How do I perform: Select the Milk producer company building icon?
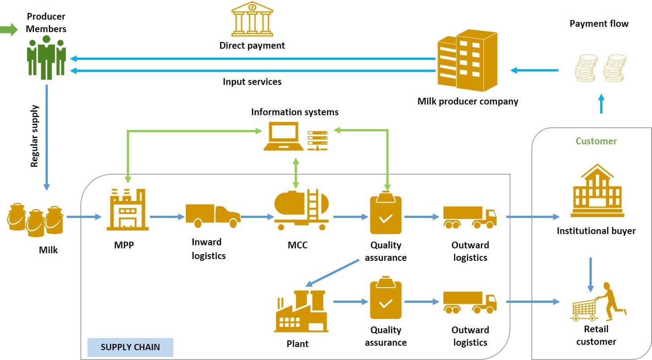point(467,60)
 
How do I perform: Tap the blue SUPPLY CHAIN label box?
point(130,347)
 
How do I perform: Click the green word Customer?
point(596,141)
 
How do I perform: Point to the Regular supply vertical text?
point(35,136)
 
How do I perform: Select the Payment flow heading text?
point(598,24)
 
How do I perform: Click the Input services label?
point(252,82)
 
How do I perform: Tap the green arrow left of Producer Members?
point(7,30)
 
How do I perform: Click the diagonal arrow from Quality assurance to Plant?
point(333,273)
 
